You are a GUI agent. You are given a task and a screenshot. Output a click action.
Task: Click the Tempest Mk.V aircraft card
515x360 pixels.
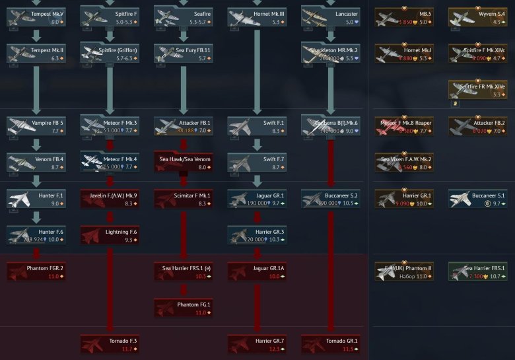pos(36,17)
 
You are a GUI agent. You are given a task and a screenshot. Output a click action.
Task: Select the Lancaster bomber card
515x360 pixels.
pos(330,17)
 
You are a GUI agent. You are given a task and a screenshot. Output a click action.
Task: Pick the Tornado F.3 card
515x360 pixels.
pos(110,344)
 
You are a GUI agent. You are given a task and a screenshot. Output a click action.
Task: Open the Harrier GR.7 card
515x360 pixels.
pos(257,344)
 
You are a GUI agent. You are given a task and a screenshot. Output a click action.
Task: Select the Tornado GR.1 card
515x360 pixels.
pos(330,344)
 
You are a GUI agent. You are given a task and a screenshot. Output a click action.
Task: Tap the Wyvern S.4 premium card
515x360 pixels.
pos(477,17)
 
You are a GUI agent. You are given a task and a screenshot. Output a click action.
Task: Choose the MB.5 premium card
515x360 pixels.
pos(404,17)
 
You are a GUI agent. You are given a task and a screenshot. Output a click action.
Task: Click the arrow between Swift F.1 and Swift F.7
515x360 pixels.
pos(257,145)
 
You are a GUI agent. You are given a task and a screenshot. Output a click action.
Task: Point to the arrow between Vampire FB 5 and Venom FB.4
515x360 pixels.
pos(36,145)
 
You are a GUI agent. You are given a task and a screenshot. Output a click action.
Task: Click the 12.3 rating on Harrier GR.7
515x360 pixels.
pos(273,349)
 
